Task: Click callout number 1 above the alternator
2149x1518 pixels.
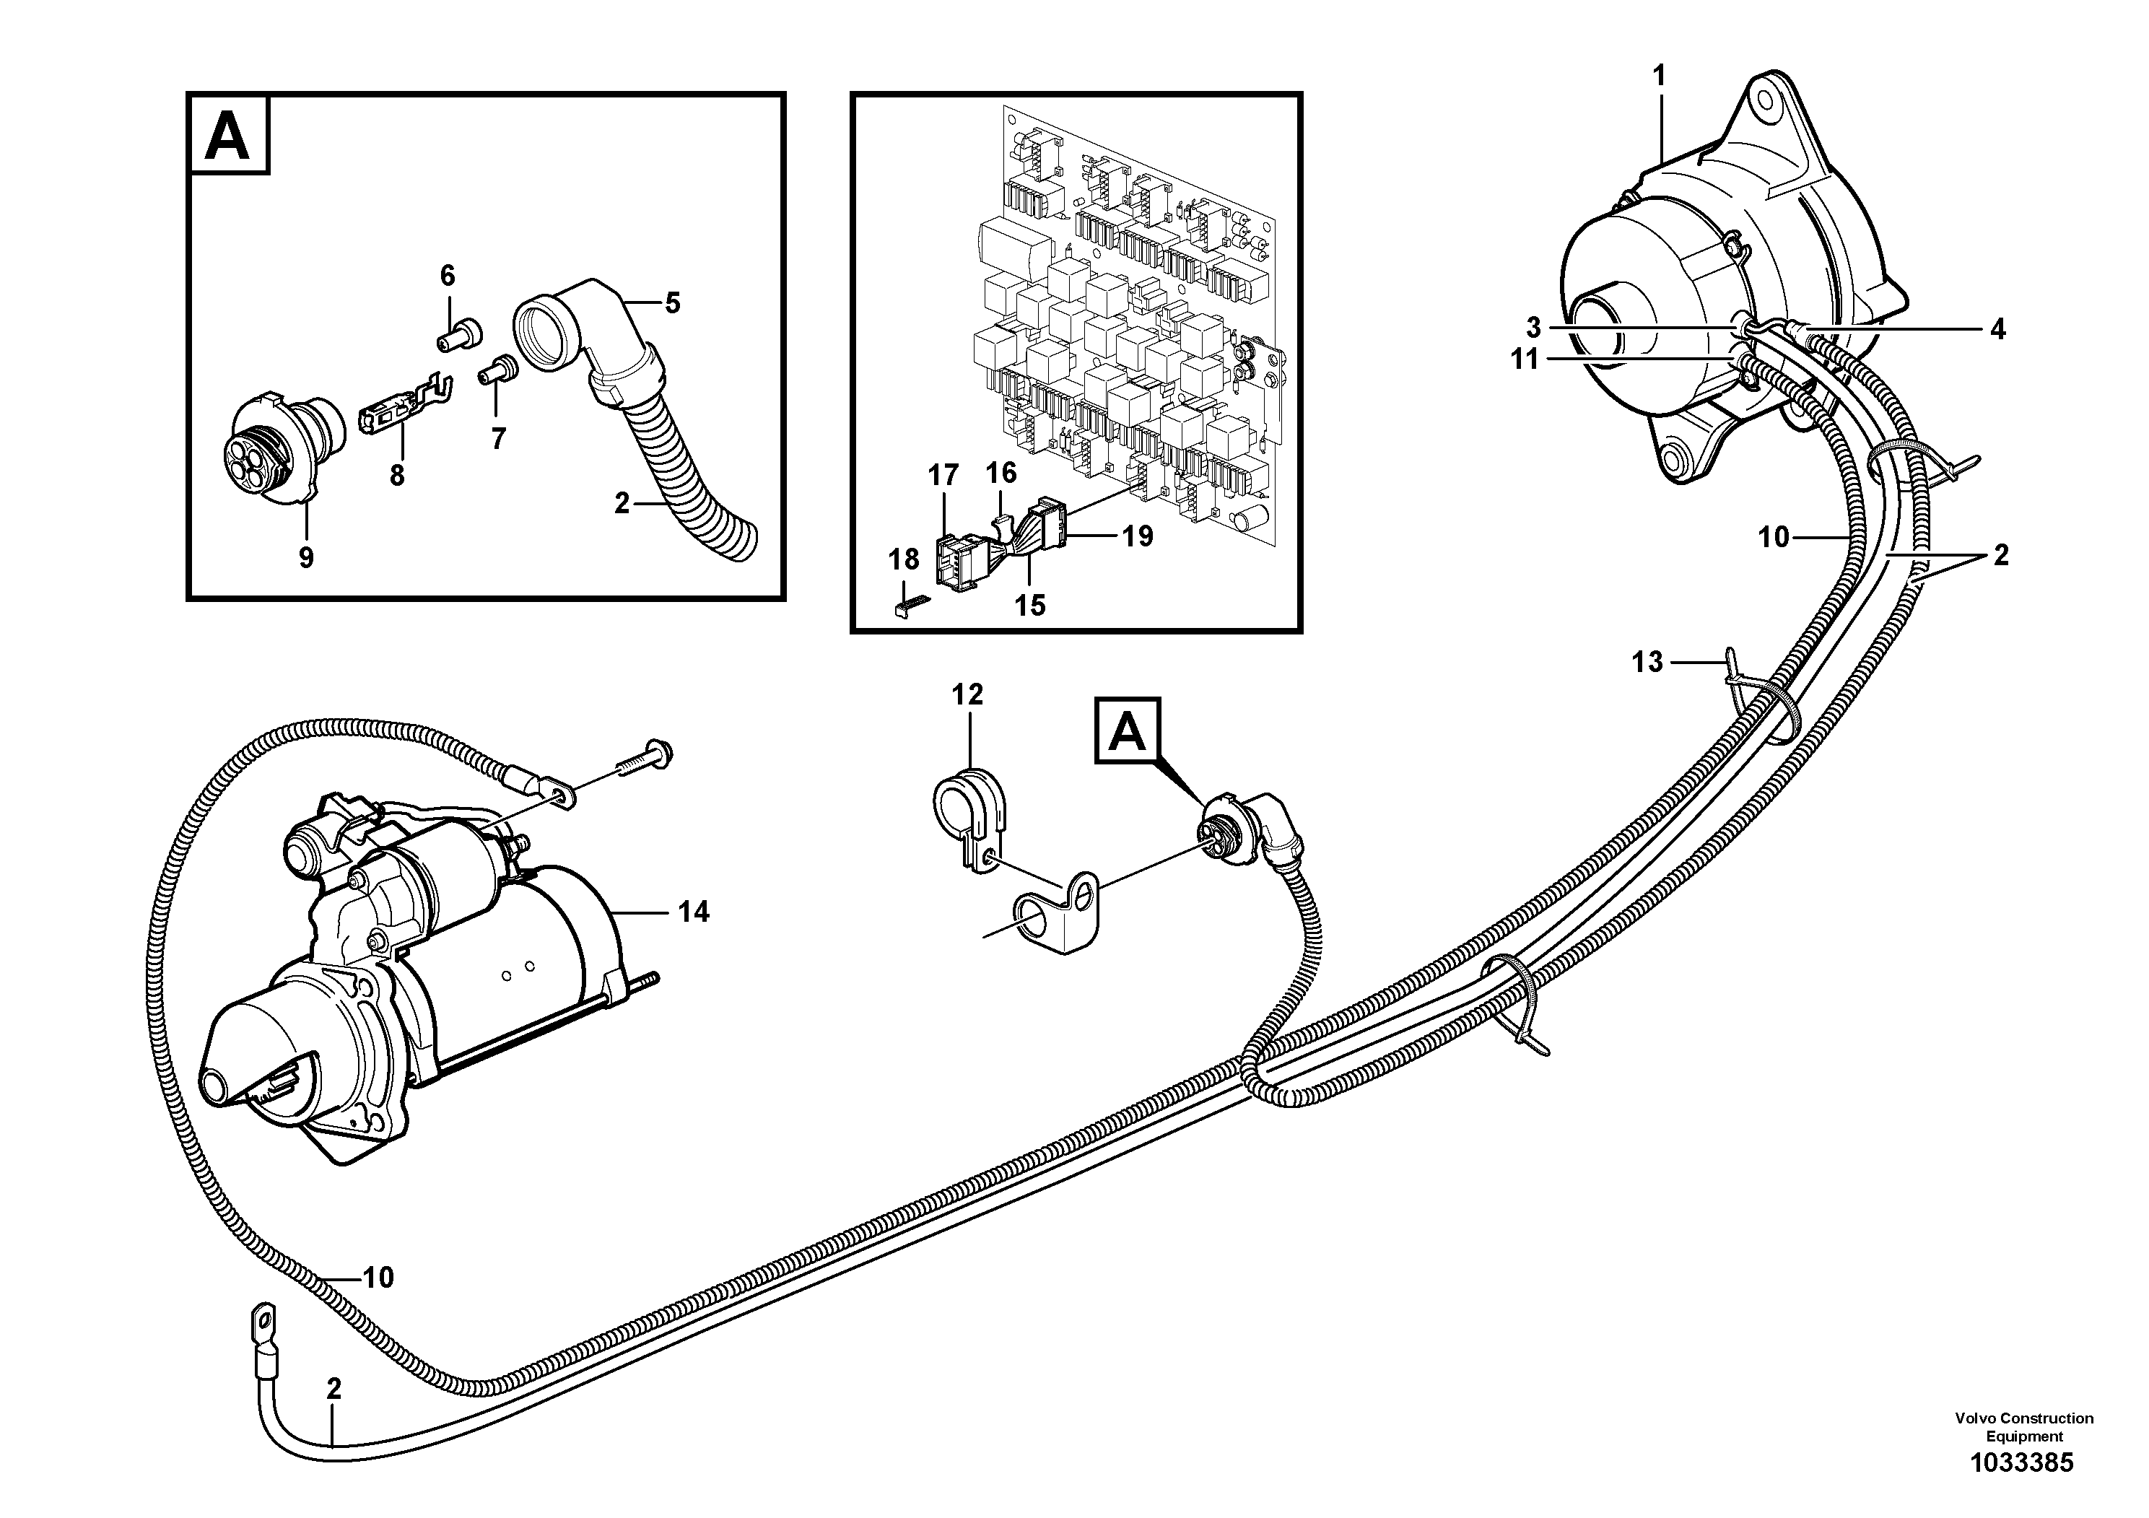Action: (1660, 76)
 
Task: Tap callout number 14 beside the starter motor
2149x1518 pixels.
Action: (694, 912)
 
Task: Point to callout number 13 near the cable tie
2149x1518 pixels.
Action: (1647, 663)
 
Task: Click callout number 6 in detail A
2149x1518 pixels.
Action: (448, 275)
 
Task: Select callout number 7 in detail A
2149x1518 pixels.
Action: (498, 438)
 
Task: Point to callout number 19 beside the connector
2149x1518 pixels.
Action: (1138, 536)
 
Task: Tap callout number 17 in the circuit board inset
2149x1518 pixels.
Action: (943, 476)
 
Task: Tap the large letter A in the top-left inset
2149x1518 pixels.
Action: (227, 135)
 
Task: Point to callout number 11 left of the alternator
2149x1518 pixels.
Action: (1525, 359)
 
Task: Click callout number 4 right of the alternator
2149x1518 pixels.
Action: (1997, 328)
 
